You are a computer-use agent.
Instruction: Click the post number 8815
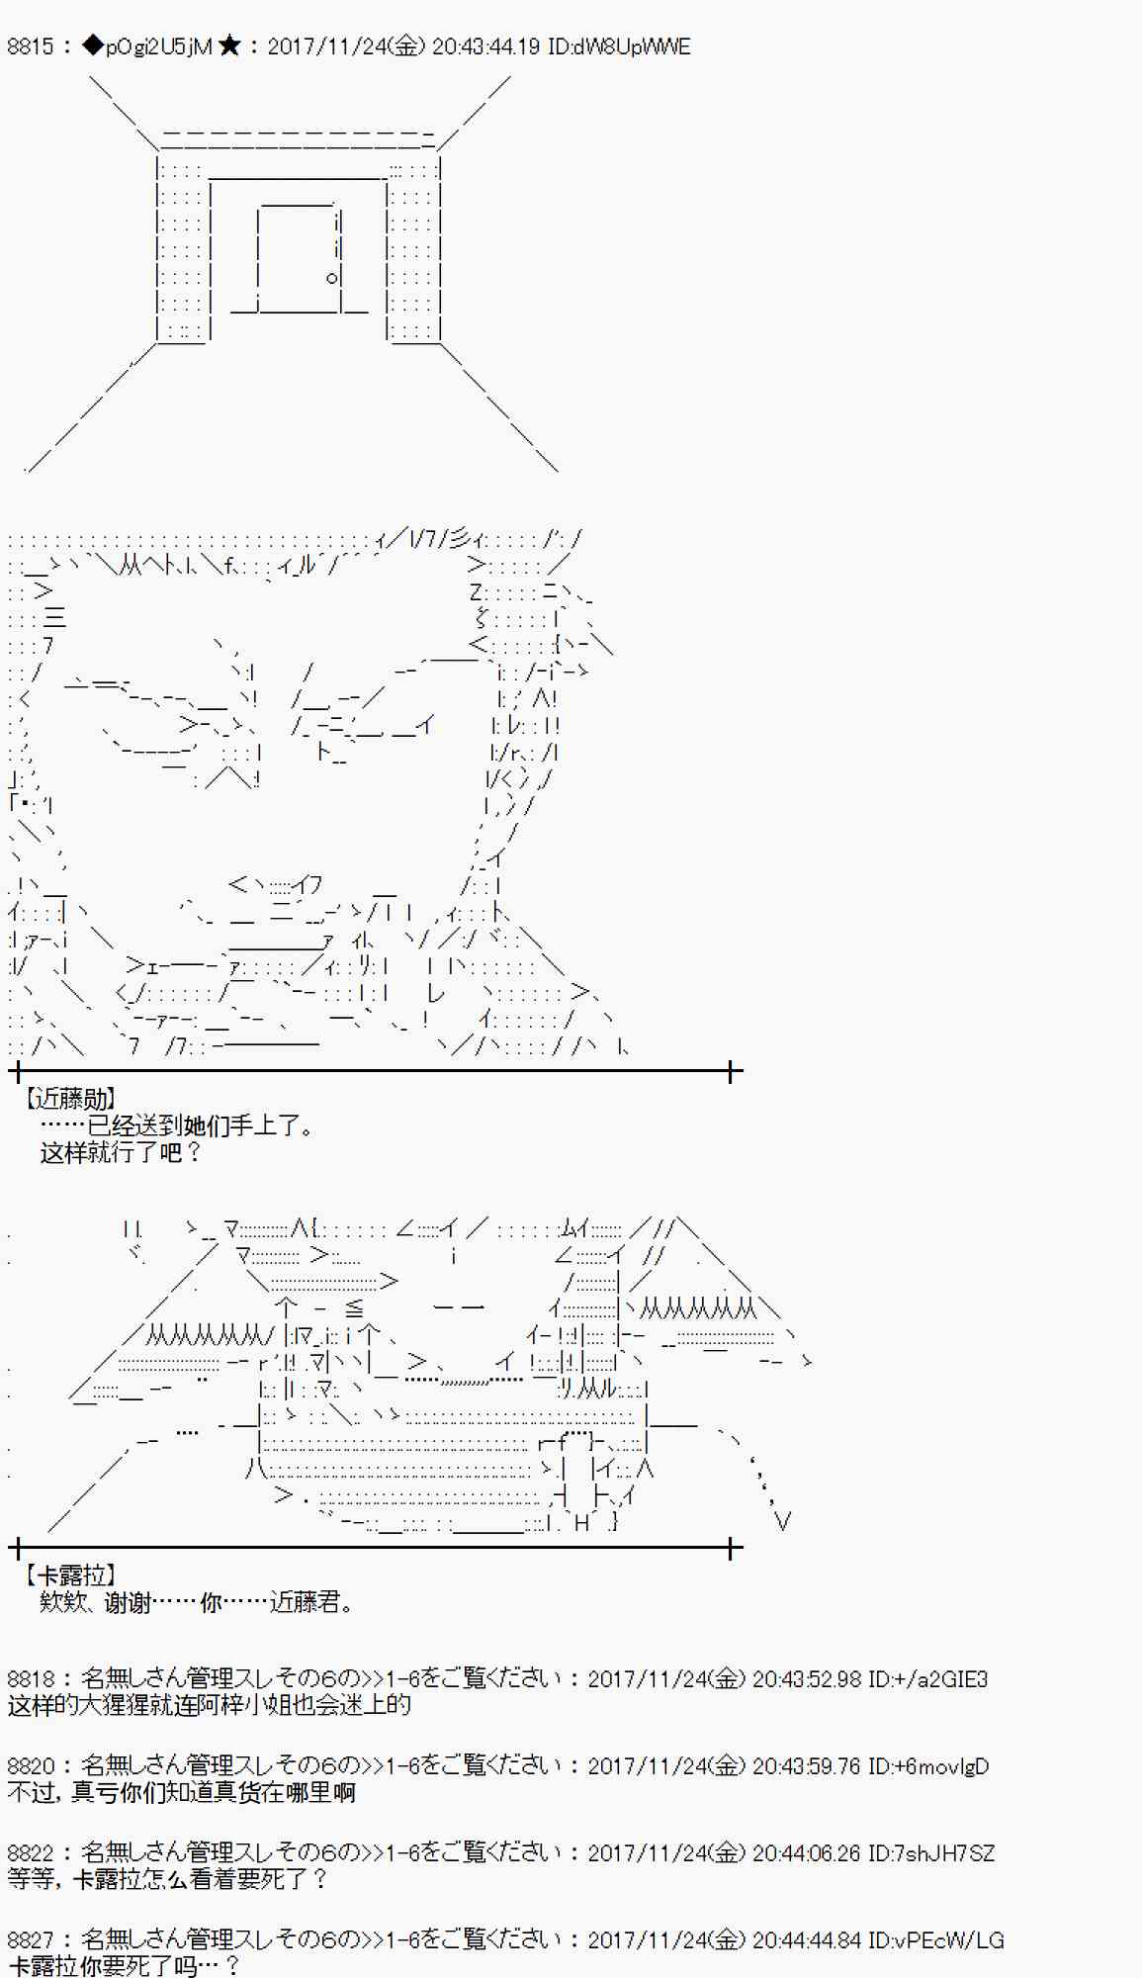[x=31, y=46]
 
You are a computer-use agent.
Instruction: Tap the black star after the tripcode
[x=229, y=46]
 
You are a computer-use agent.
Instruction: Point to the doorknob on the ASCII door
[x=332, y=278]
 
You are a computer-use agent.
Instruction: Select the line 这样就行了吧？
[x=120, y=1152]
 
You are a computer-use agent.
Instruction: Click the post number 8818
[x=31, y=1678]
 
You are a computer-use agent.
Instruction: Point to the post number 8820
[x=31, y=1765]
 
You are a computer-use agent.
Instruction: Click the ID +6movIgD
[x=927, y=1765]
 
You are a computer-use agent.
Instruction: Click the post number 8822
[x=31, y=1852]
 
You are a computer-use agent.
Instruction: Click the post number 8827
[x=31, y=1939]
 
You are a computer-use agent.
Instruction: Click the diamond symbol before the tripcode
[x=93, y=46]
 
